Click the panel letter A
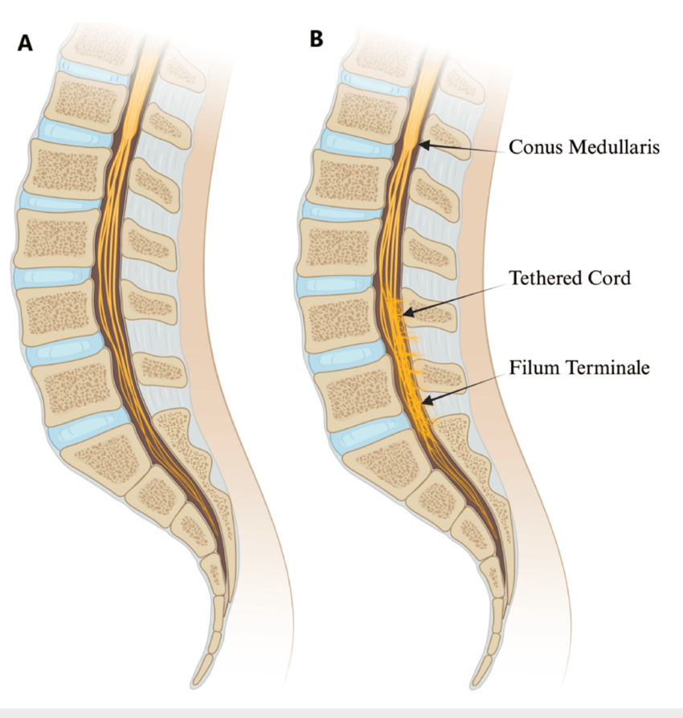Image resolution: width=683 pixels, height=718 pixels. coord(26,43)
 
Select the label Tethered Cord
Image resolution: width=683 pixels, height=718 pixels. coord(570,278)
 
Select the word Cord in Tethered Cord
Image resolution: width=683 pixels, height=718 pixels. coord(611,278)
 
